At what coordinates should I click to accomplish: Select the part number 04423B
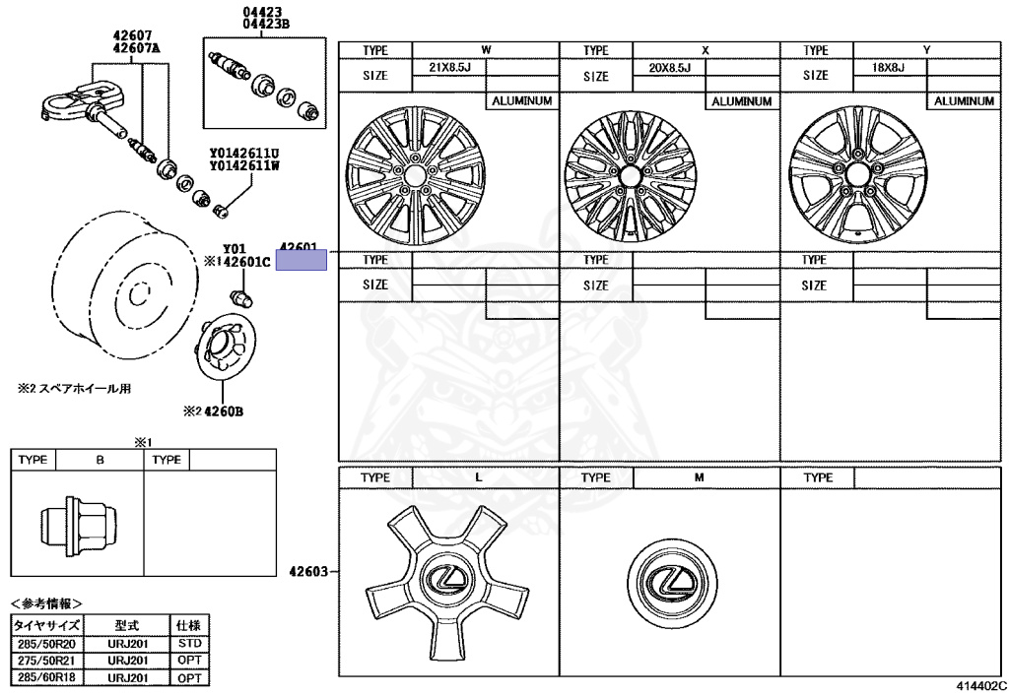click(x=260, y=25)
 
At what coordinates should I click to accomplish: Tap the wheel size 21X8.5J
click(x=449, y=67)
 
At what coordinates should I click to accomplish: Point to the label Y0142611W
click(x=243, y=166)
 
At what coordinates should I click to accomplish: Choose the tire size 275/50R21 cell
click(x=46, y=662)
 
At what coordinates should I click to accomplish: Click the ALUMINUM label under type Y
click(x=964, y=100)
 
